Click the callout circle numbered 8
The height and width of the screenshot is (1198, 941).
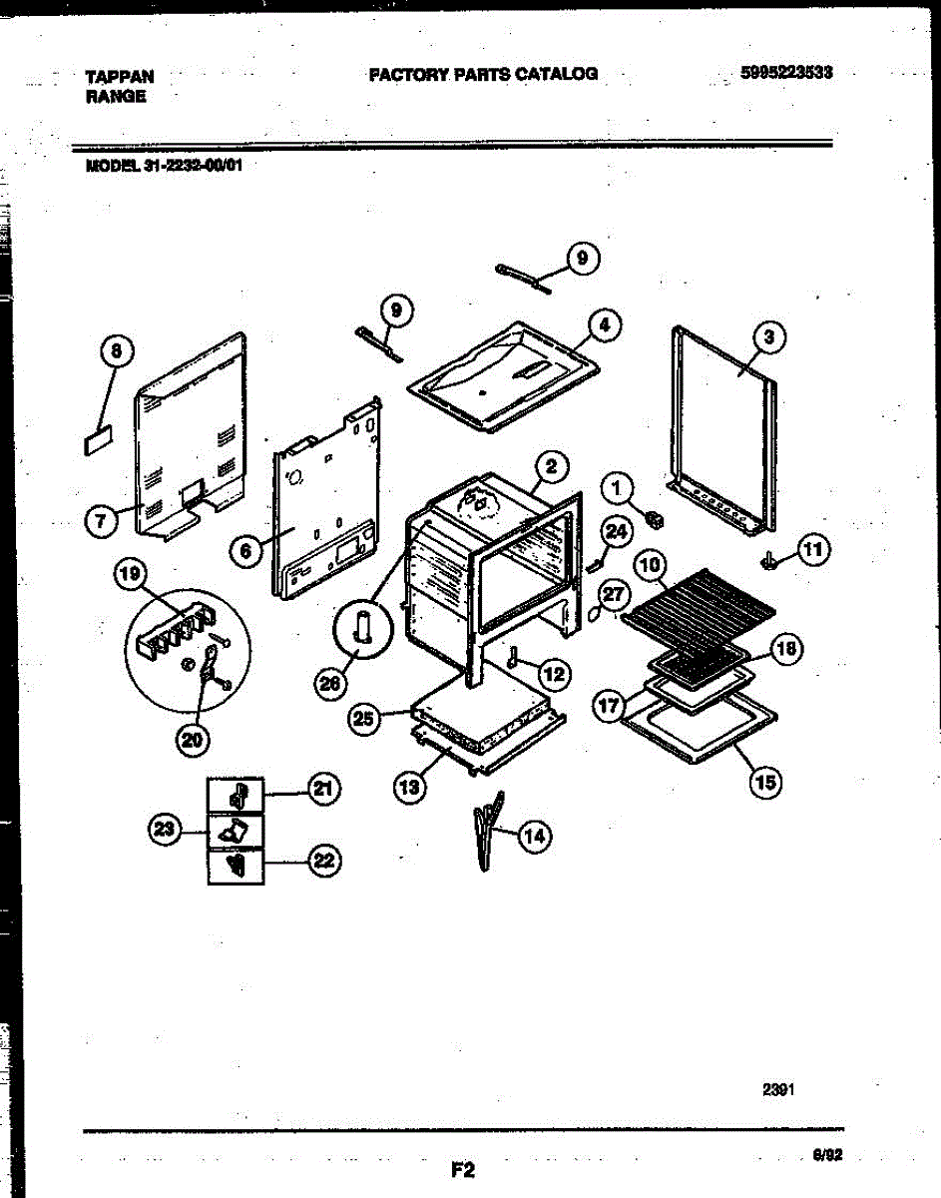pyautogui.click(x=116, y=350)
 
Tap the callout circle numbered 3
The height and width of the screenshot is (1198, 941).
pyautogui.click(x=768, y=338)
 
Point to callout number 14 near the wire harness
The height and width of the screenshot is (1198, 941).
pyautogui.click(x=534, y=837)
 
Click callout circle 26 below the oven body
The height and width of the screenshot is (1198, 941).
pyautogui.click(x=328, y=684)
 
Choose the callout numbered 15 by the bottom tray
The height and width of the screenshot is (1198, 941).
pyautogui.click(x=766, y=781)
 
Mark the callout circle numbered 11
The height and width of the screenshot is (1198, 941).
pyautogui.click(x=814, y=548)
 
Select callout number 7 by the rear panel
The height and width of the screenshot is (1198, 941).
pyautogui.click(x=101, y=522)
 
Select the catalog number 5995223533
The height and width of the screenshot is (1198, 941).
pyautogui.click(x=787, y=73)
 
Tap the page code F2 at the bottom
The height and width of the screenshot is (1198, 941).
pyautogui.click(x=461, y=1169)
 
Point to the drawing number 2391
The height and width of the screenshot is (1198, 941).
pyautogui.click(x=778, y=1090)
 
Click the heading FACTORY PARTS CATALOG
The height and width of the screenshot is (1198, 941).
pyautogui.click(x=483, y=74)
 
